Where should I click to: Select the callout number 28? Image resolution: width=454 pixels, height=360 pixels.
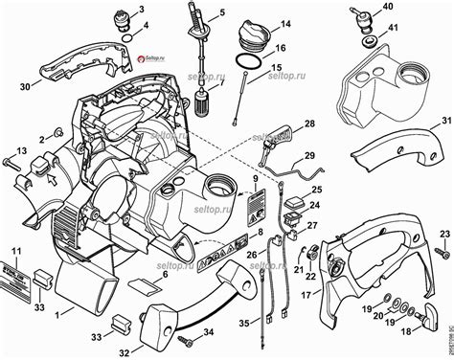[x=309, y=125]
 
